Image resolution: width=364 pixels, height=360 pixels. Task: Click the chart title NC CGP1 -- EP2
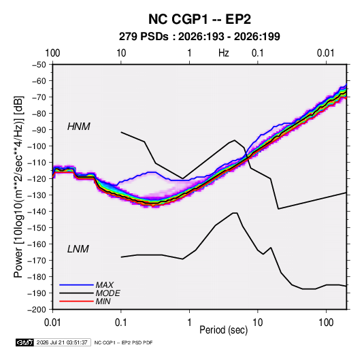(x=199, y=19)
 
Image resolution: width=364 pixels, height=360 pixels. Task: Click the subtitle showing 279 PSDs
(x=199, y=37)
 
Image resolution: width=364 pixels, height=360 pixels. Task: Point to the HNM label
(x=79, y=127)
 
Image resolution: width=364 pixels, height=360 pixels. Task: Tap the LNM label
(x=78, y=249)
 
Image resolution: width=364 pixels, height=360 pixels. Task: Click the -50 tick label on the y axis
(x=39, y=65)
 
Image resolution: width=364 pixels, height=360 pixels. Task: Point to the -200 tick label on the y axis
(x=37, y=310)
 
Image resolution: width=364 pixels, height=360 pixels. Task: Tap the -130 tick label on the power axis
(x=37, y=195)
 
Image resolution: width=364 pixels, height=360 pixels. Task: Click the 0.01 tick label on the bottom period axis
(x=52, y=323)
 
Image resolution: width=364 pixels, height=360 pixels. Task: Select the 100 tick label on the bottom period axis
(x=326, y=323)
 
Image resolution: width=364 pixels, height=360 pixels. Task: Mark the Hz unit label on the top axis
(x=224, y=53)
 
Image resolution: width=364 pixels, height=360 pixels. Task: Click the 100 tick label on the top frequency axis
(x=52, y=53)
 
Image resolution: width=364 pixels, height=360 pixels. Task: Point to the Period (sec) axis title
(x=224, y=330)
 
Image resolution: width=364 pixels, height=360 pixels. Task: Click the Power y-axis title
(x=19, y=187)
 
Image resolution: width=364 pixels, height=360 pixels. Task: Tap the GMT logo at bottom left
(x=25, y=342)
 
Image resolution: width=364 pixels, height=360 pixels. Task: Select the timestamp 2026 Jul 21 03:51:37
(x=62, y=342)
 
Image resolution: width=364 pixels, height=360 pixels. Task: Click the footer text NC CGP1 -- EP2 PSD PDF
(x=124, y=342)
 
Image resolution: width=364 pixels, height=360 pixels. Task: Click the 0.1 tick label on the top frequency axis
(x=258, y=53)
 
